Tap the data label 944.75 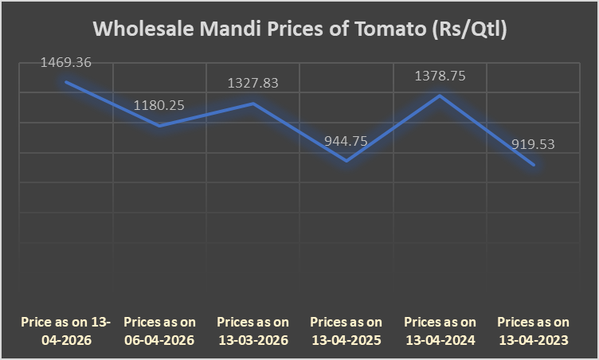(x=346, y=141)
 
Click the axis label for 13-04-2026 (x=67, y=331)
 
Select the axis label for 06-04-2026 (x=160, y=331)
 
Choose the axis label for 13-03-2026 (x=253, y=331)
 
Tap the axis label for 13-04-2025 (x=346, y=331)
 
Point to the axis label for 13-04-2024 (x=440, y=331)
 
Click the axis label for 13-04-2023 (x=533, y=331)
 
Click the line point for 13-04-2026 (x=67, y=81)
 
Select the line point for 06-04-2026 (x=160, y=125)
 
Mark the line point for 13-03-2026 (x=253, y=103)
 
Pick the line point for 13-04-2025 (x=346, y=161)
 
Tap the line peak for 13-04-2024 (x=440, y=96)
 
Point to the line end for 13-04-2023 (x=533, y=165)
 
